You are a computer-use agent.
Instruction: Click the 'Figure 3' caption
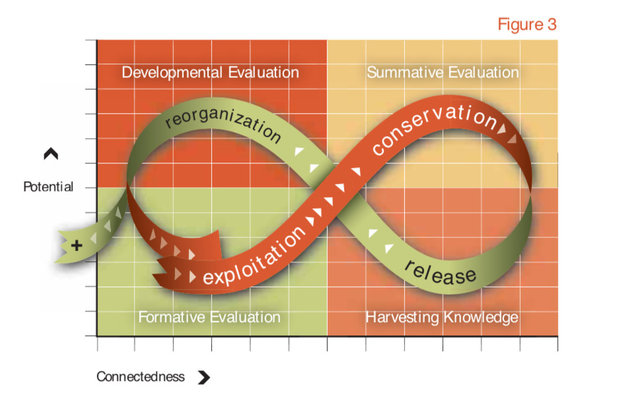pos(527,24)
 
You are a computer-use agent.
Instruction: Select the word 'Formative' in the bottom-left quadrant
pos(168,317)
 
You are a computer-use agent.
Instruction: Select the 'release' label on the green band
pos(439,271)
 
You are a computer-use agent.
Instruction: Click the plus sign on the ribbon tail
pos(77,246)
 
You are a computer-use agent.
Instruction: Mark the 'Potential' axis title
pos(48,187)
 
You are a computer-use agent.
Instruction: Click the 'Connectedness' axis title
pos(140,377)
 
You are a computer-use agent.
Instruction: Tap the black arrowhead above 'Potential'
pos(51,154)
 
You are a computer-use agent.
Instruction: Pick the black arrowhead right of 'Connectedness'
pos(203,378)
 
